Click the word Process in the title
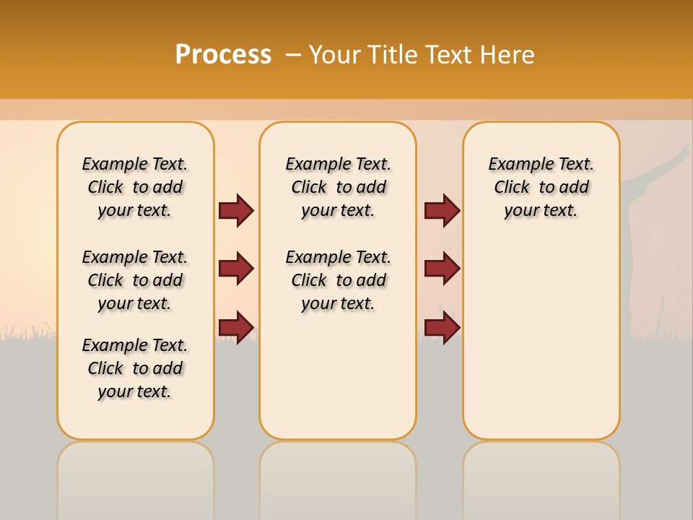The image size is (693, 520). [223, 55]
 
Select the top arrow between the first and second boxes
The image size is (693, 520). [236, 211]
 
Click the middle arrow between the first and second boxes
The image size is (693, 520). [236, 269]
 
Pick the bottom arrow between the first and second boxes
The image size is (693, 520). [236, 326]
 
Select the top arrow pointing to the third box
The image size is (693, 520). [442, 211]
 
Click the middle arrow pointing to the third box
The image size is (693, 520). [442, 269]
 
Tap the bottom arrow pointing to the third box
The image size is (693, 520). [442, 326]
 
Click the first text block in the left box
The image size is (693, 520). [135, 187]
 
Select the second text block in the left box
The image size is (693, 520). [135, 280]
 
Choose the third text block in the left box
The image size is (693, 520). [135, 368]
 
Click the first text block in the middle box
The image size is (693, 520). [338, 187]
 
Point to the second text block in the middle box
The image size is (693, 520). [338, 280]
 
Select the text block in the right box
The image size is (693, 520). [541, 187]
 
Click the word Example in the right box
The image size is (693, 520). [516, 165]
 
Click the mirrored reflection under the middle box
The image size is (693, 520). [338, 477]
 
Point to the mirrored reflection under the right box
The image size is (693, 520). [541, 477]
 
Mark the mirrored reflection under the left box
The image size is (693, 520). [135, 477]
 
